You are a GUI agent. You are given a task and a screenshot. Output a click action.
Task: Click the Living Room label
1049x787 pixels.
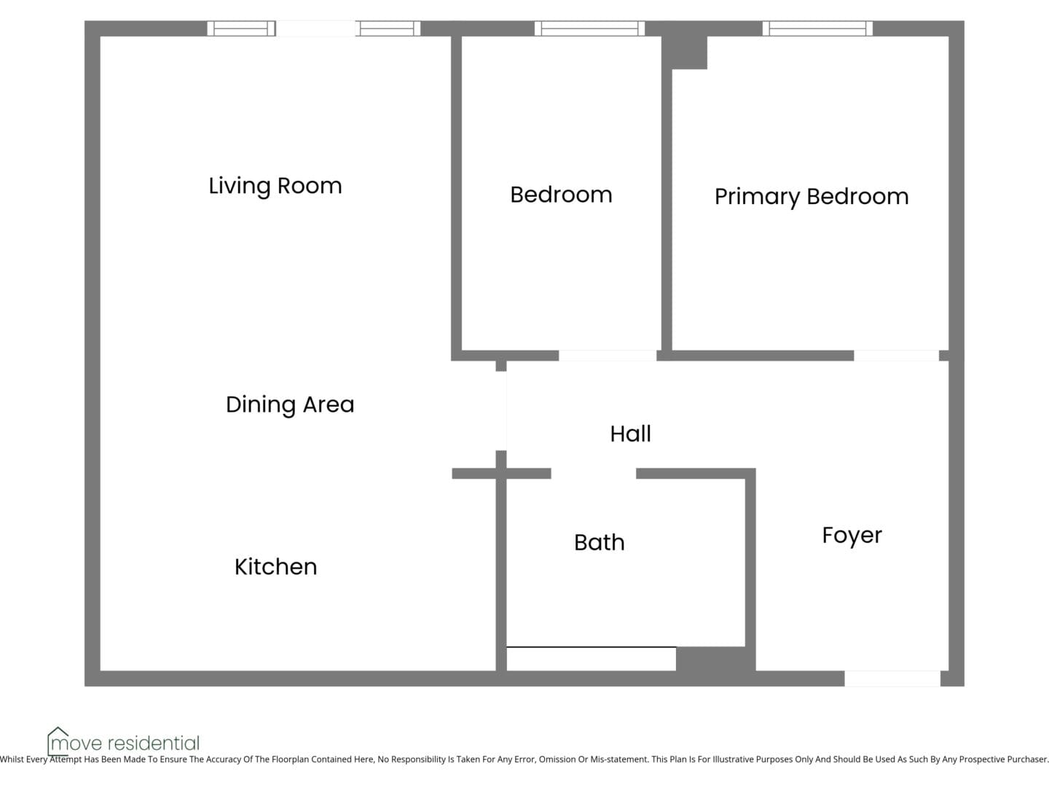click(x=275, y=186)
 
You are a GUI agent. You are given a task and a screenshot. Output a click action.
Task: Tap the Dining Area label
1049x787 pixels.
click(x=290, y=404)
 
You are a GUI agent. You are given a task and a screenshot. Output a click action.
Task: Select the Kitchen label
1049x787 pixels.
click(x=276, y=567)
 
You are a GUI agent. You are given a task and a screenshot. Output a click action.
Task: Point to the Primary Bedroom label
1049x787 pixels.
click(x=812, y=197)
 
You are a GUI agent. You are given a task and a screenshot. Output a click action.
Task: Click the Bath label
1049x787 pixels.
click(x=600, y=542)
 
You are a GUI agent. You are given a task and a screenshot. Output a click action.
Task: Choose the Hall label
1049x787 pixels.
click(x=630, y=434)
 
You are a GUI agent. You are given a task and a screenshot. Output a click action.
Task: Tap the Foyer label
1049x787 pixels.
click(x=852, y=536)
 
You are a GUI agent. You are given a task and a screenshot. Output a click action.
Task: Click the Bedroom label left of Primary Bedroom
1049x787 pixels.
click(x=561, y=195)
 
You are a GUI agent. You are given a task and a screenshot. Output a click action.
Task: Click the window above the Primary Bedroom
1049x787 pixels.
click(x=817, y=28)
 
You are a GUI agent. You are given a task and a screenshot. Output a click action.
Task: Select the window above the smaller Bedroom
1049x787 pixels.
click(x=589, y=28)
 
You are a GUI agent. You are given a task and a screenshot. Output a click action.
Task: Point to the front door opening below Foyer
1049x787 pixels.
click(x=892, y=678)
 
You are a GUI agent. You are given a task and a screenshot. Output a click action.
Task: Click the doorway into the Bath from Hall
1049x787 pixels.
click(x=594, y=474)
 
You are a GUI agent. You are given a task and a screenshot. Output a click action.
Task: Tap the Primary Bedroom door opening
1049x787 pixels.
click(x=897, y=356)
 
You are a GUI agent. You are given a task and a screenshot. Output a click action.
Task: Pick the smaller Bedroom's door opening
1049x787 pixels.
click(x=608, y=356)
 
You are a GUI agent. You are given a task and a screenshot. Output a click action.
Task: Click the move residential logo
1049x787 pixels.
click(x=123, y=742)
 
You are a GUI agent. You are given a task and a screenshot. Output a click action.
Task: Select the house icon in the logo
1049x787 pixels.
click(x=58, y=740)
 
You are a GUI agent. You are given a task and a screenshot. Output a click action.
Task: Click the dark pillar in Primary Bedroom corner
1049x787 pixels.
click(x=684, y=52)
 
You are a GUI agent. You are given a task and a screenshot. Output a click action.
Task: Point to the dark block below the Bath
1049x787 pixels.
click(x=715, y=659)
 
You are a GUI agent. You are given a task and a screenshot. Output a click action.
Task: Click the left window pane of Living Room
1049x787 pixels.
click(x=241, y=28)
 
